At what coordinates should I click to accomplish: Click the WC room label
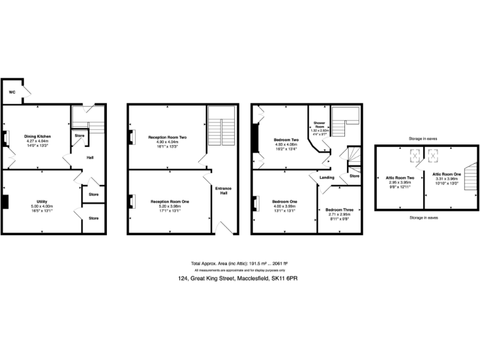11,92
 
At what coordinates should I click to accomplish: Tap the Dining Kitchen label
37,136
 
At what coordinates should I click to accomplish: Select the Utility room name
39,201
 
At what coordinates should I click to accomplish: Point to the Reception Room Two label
167,137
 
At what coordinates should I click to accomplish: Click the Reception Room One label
167,201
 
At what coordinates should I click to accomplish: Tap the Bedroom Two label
286,139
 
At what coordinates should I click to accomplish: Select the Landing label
327,177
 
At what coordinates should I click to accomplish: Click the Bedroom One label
284,201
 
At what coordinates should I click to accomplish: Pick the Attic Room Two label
399,177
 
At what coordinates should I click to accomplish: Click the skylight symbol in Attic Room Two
413,154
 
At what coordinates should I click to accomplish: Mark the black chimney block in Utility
4,201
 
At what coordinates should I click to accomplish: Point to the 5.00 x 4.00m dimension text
39,206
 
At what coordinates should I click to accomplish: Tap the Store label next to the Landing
354,176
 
